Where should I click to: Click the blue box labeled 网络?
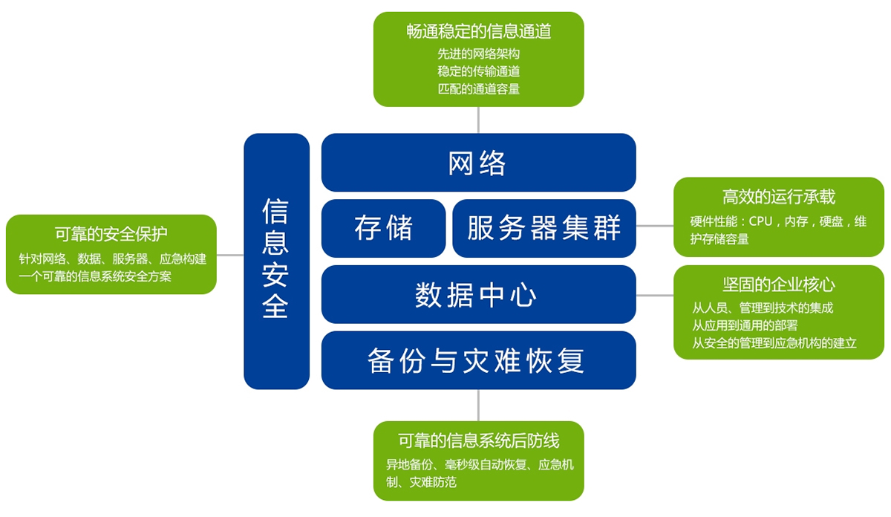478,163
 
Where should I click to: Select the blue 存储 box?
383,229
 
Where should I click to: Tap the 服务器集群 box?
544,229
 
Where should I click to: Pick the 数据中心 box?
478,294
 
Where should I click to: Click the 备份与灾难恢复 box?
478,360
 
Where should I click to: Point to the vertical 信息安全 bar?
276,261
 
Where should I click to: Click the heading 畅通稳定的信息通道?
478,31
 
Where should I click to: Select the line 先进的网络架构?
478,53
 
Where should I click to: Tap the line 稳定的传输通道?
478,71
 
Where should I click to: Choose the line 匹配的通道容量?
478,88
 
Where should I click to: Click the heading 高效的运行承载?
778,197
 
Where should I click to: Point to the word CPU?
760,221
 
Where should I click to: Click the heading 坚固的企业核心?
778,284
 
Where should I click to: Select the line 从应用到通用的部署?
745,325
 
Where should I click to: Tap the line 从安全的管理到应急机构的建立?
774,343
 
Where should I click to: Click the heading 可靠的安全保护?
111,234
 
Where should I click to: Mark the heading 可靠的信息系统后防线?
478,440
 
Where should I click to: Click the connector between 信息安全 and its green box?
230,255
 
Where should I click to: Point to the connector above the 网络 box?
478,120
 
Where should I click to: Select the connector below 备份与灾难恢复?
478,405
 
